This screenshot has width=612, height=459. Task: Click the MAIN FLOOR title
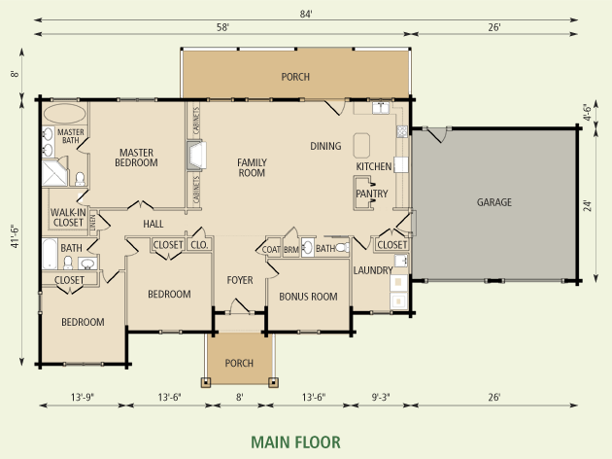(295, 442)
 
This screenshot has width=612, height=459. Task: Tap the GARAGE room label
(493, 202)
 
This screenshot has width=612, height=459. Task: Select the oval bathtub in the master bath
(64, 114)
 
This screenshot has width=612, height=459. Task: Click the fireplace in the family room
(196, 156)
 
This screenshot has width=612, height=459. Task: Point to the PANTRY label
(371, 194)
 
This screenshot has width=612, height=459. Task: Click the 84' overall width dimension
(306, 14)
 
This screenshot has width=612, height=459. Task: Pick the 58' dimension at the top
(222, 27)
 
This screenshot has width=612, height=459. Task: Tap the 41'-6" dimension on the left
(15, 236)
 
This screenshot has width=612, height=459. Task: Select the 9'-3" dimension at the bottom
(380, 398)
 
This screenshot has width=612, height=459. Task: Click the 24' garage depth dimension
(588, 206)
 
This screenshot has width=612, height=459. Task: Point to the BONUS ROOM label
(308, 297)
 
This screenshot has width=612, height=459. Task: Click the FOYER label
(240, 280)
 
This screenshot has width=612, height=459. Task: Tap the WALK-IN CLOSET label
(68, 218)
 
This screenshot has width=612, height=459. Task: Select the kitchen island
(361, 145)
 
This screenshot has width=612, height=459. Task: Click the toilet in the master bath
(80, 179)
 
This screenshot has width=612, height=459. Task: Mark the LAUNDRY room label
(373, 270)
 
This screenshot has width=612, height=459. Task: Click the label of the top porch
(295, 77)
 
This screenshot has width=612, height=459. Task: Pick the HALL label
(153, 224)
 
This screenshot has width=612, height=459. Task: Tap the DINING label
(325, 146)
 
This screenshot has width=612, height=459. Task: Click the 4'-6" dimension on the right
(588, 112)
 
